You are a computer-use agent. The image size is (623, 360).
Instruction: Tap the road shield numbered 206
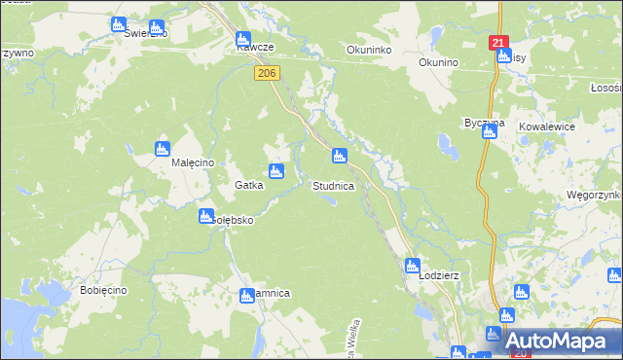pos(267,73)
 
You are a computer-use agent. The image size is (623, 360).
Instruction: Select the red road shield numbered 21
pos(498,43)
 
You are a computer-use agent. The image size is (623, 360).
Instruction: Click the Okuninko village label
pos(369,50)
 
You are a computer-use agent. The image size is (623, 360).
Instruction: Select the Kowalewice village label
pos(547,126)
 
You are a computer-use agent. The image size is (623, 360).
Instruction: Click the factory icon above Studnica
pos(339,156)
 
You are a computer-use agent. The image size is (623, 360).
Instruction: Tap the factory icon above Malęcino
pos(163,149)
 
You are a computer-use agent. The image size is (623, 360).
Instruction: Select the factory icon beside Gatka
pos(277,172)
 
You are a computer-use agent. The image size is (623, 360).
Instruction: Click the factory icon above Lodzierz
pos(413,265)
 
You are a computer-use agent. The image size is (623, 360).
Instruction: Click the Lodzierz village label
pos(438,275)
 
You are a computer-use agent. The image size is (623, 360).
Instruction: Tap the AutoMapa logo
pos(553,341)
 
